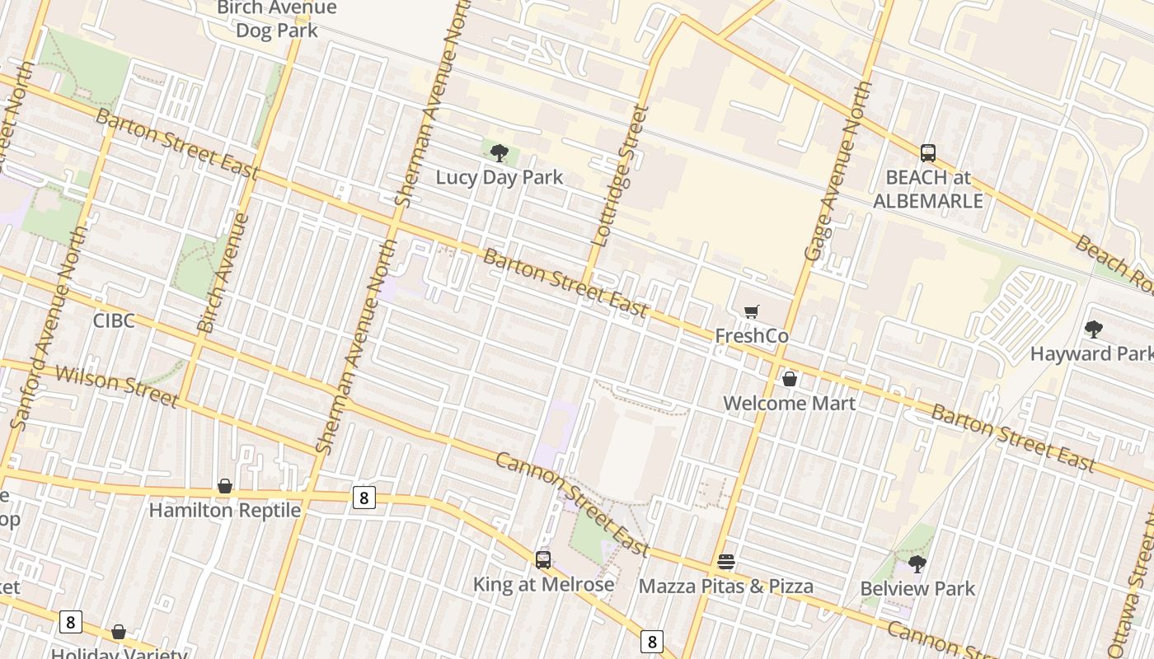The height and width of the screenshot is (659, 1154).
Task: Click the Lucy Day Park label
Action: [x=500, y=177]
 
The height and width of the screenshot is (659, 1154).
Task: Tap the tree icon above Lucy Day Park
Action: [x=500, y=152]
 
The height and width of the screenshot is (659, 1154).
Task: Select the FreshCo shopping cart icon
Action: [x=751, y=311]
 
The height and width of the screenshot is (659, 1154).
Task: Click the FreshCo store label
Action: [x=751, y=336]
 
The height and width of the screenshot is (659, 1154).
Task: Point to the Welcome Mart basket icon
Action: [x=790, y=379]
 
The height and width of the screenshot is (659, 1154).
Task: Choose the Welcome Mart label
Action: [x=790, y=403]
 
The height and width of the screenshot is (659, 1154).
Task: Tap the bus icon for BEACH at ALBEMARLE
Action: [x=928, y=152]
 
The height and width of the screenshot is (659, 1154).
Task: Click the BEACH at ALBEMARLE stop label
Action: [x=928, y=189]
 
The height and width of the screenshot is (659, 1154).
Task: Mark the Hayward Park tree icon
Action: [x=1094, y=329]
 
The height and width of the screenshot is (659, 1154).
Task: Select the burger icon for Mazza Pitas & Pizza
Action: [x=726, y=562]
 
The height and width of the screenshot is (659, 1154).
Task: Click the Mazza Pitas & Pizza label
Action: [x=726, y=587]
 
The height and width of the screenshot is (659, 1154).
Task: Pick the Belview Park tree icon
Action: [x=917, y=564]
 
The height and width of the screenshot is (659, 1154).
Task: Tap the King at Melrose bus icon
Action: [x=543, y=560]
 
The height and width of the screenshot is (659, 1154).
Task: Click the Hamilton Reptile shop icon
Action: [x=225, y=486]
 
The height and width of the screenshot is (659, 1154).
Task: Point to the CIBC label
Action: [x=114, y=320]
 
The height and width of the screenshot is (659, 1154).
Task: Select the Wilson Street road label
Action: [x=116, y=386]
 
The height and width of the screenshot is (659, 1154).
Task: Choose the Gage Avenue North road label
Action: [x=837, y=171]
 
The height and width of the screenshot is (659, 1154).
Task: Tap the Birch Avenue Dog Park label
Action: [x=277, y=20]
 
